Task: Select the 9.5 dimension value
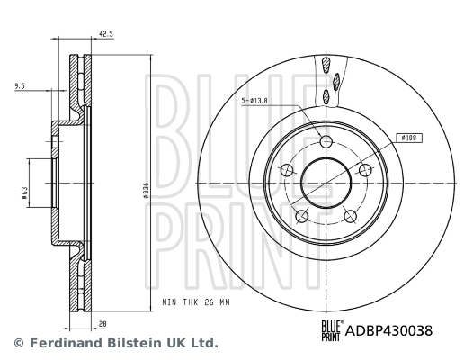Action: (x=20, y=85)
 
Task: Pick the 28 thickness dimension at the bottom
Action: (x=103, y=321)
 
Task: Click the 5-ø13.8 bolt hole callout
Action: (x=258, y=101)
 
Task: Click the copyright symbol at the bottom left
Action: (x=18, y=343)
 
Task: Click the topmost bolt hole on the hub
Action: (x=326, y=142)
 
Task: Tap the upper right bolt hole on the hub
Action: (x=364, y=170)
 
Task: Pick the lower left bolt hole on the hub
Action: (x=302, y=215)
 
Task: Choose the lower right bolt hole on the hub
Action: (x=350, y=215)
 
